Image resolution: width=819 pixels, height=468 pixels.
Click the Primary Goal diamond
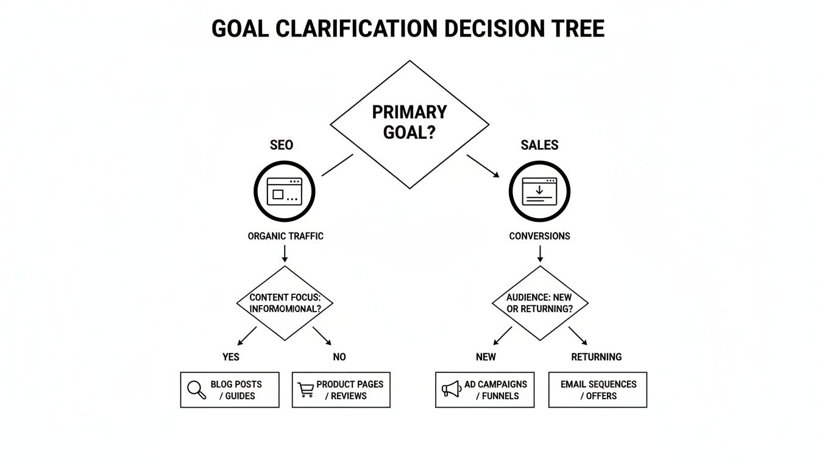[409, 124]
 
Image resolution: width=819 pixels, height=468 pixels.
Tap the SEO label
[282, 145]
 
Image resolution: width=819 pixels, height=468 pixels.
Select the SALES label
[539, 145]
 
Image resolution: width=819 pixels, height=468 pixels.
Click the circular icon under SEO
[284, 191]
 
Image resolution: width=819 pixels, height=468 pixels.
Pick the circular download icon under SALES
[539, 191]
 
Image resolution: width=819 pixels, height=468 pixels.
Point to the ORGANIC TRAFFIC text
[285, 236]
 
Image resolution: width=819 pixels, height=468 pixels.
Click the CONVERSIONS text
[539, 236]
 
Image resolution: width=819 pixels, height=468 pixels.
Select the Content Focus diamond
[285, 303]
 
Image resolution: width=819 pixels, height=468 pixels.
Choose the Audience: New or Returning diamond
[539, 303]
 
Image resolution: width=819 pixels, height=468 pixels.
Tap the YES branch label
[231, 356]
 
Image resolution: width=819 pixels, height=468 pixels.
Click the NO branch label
[339, 356]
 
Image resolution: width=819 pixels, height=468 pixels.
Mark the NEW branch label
[486, 356]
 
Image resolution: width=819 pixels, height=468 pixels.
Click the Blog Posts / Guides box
[230, 390]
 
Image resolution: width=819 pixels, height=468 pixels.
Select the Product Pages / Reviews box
[341, 390]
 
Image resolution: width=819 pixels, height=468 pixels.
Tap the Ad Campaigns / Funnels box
[484, 390]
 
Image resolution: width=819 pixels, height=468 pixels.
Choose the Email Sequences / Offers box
[598, 390]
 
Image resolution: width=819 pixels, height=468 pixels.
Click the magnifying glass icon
[196, 389]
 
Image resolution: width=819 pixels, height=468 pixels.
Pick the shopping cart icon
[306, 390]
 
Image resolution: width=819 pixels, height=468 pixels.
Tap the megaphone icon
[451, 389]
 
